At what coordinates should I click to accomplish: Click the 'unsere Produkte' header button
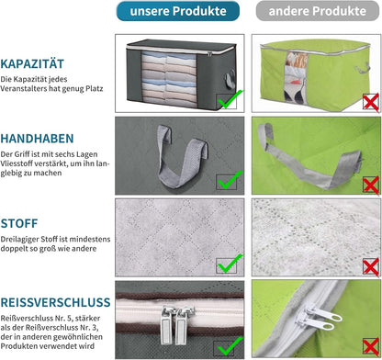[178, 11]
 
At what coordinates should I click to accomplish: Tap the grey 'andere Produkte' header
[318, 11]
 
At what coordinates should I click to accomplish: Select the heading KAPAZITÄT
[32, 64]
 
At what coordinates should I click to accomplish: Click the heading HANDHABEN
[37, 139]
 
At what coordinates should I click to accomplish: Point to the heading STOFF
[19, 223]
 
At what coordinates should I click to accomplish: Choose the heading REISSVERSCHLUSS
[55, 302]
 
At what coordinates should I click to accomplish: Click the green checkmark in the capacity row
[230, 99]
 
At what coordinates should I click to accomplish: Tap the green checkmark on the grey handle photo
[230, 180]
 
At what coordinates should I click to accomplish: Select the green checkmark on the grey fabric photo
[230, 264]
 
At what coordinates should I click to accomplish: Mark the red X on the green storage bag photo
[371, 102]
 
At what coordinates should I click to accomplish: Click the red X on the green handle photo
[371, 185]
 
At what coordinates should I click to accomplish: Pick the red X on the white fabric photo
[371, 267]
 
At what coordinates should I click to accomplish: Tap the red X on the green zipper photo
[371, 347]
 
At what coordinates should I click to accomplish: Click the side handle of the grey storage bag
[230, 79]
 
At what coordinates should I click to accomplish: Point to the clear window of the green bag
[295, 77]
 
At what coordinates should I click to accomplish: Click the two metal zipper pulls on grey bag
[178, 324]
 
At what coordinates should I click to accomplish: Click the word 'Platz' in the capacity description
[95, 89]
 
